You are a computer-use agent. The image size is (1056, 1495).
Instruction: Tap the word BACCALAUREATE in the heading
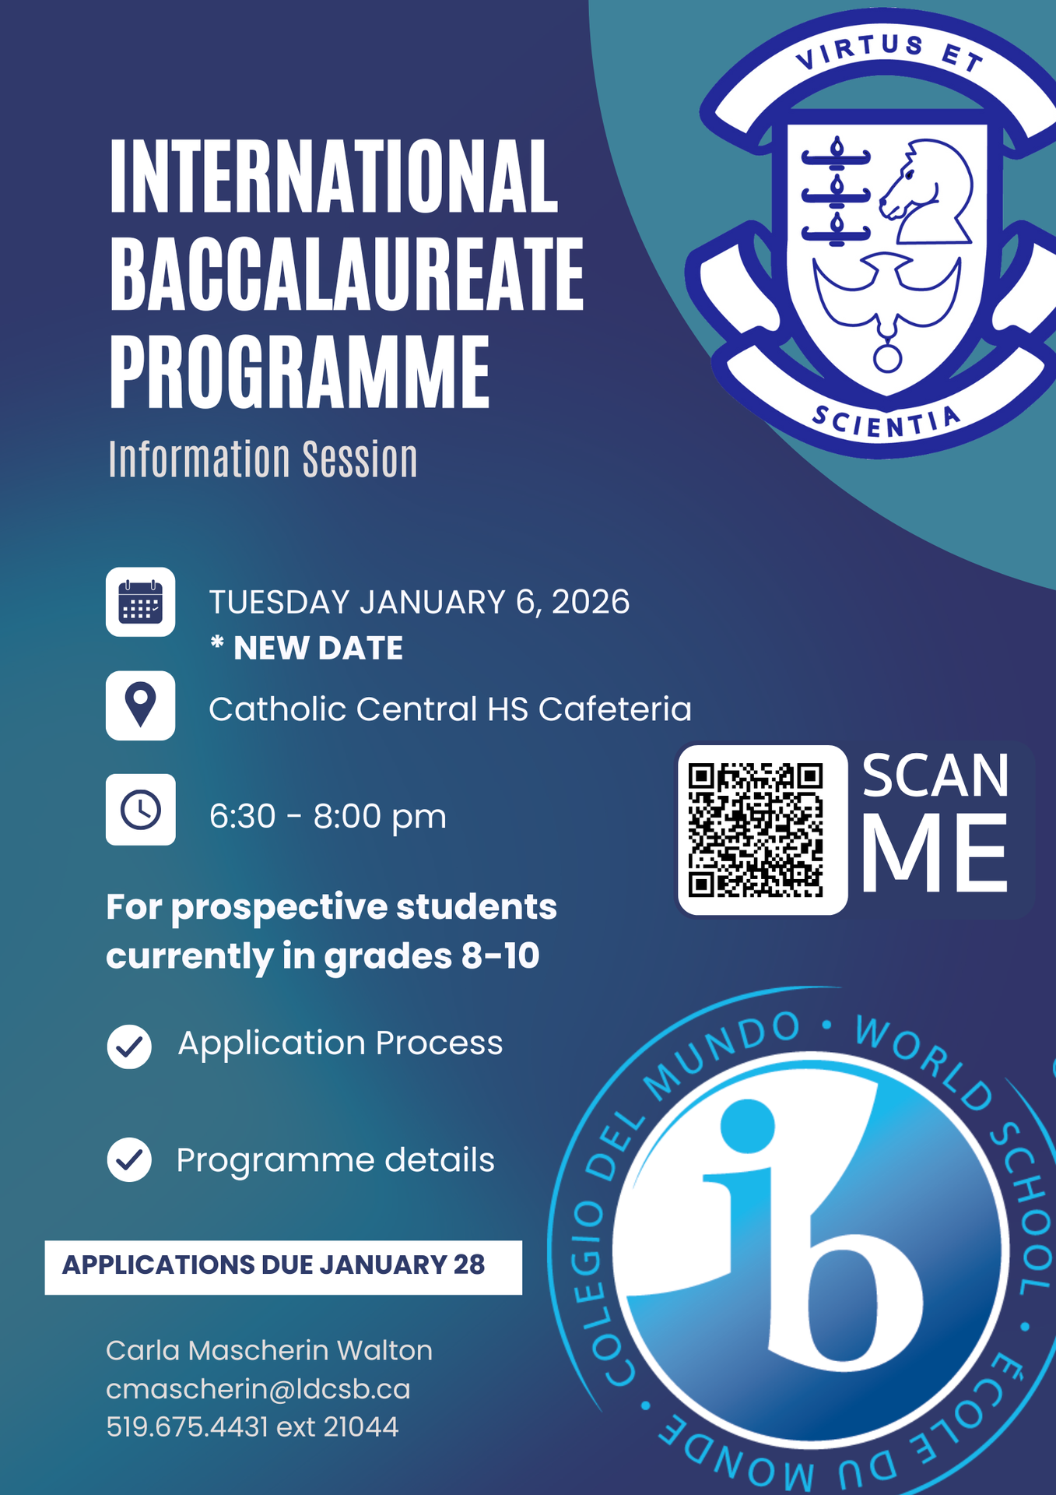[x=346, y=274]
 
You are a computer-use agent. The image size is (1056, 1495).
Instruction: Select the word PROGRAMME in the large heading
[x=300, y=371]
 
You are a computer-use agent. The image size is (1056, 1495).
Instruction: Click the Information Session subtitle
[x=263, y=459]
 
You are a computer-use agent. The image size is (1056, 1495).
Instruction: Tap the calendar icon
[x=141, y=602]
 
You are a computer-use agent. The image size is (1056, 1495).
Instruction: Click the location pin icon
[x=141, y=705]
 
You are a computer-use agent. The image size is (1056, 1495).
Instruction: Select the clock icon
[x=141, y=810]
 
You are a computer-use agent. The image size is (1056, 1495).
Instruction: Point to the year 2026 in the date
[x=591, y=602]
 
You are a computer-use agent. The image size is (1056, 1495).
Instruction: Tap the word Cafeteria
[x=615, y=709]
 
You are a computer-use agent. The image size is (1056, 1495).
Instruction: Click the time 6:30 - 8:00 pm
[x=328, y=816]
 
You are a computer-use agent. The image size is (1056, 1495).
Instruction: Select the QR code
[x=756, y=830]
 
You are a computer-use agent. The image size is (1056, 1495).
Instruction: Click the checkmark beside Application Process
[x=129, y=1046]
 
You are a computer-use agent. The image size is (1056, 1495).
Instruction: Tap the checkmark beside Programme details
[x=129, y=1160]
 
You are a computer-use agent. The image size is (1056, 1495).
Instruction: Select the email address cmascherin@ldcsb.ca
[x=258, y=1389]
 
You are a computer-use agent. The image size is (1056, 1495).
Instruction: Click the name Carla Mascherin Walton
[x=268, y=1350]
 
